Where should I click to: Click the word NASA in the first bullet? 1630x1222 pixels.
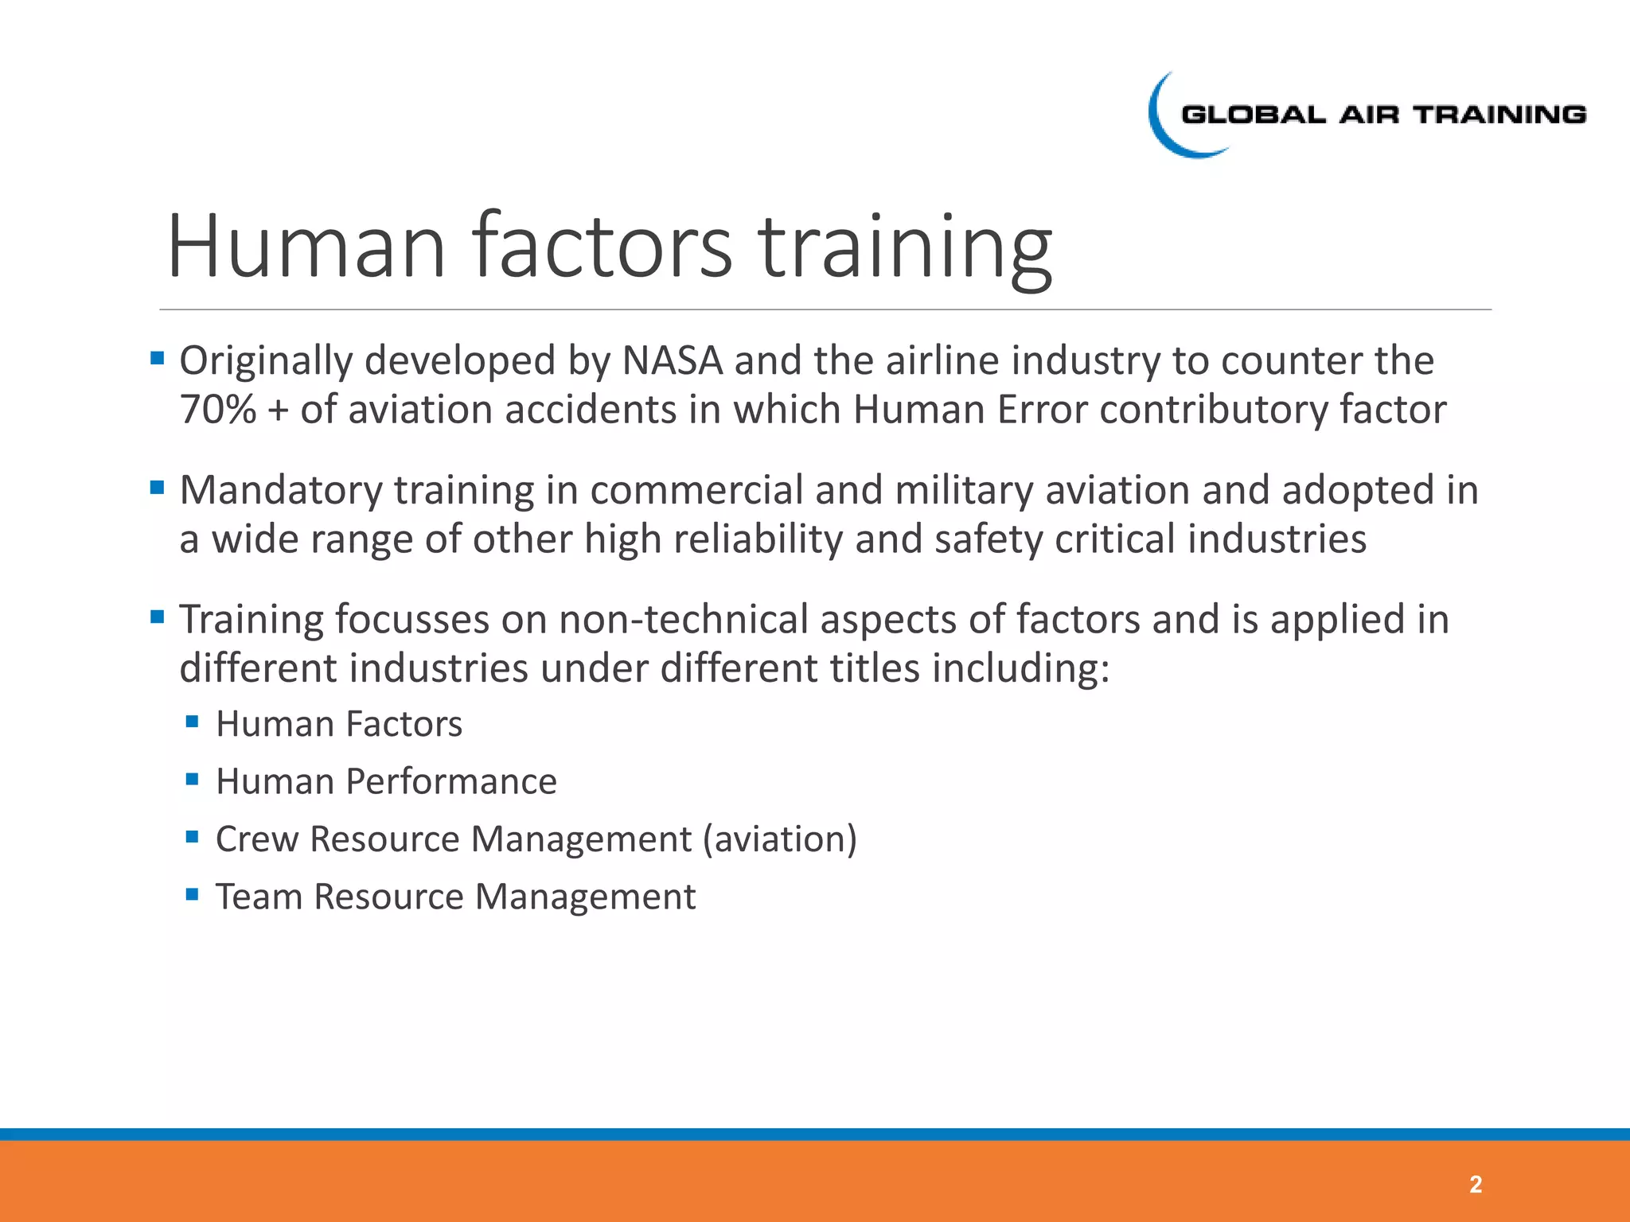click(672, 361)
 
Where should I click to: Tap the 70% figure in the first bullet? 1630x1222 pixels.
click(217, 411)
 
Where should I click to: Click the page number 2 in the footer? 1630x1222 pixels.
click(1475, 1185)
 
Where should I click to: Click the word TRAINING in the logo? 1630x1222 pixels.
click(1499, 115)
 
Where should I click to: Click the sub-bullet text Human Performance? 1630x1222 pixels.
click(386, 781)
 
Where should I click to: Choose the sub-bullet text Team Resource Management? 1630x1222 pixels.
click(455, 897)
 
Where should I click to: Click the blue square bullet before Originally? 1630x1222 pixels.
click(157, 358)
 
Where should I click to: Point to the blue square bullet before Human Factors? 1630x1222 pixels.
click(192, 722)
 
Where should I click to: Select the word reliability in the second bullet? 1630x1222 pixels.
click(758, 539)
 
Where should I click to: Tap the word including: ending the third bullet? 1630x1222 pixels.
click(1020, 668)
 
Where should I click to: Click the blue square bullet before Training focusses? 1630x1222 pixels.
click(157, 617)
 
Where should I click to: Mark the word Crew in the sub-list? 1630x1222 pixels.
click(256, 839)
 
